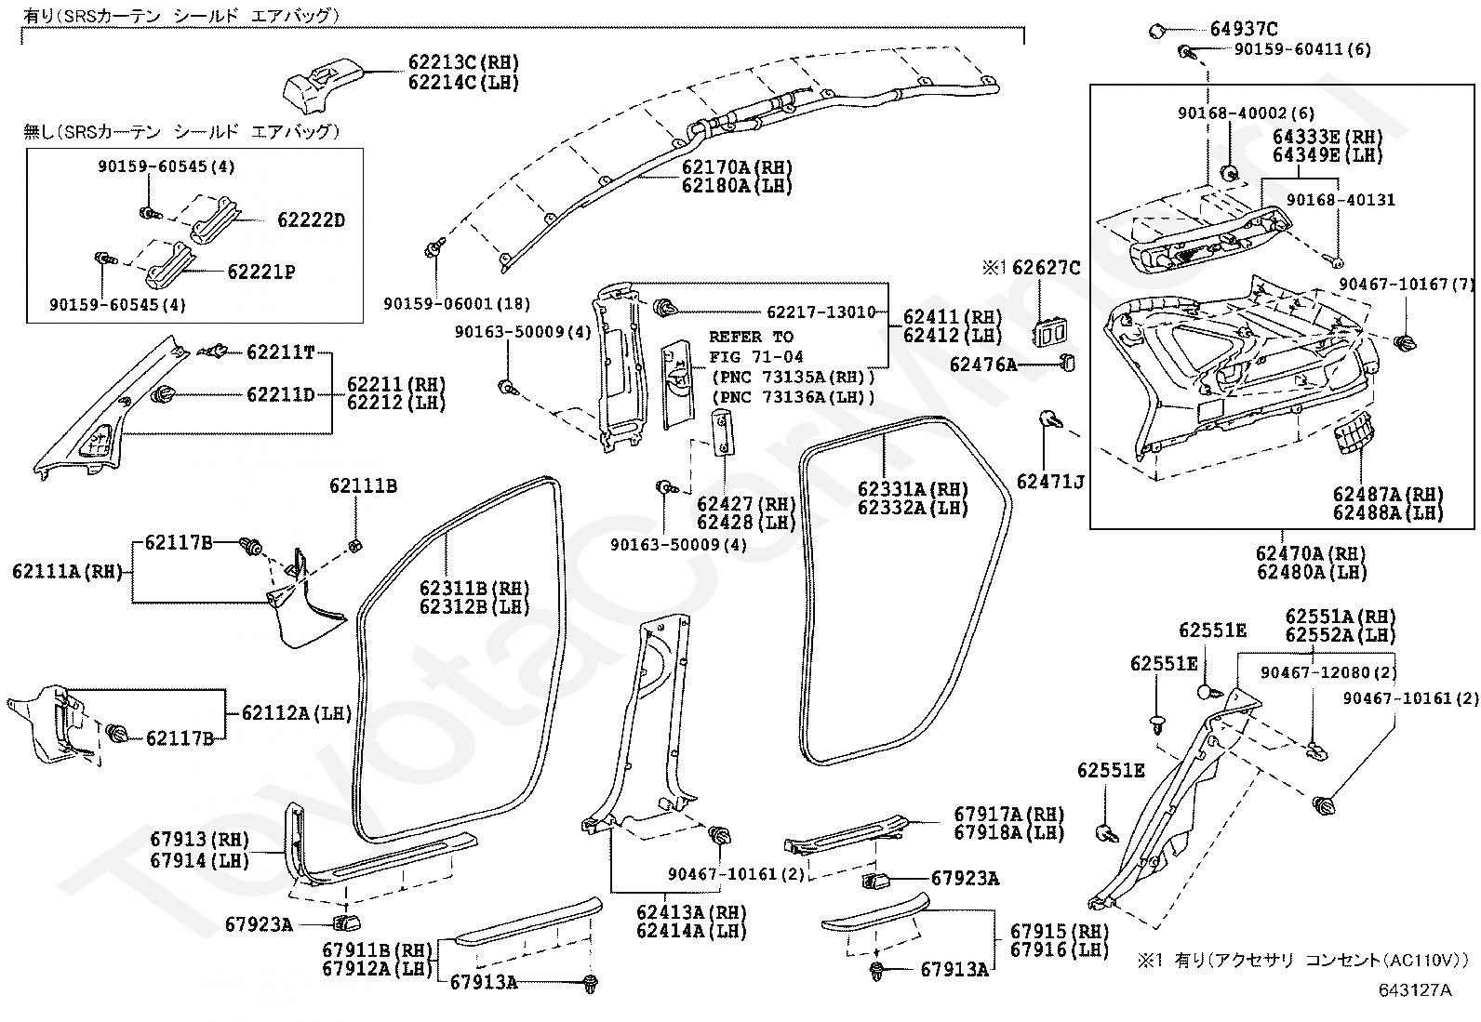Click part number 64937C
point(1244,29)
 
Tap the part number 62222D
point(311,220)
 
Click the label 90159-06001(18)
point(457,303)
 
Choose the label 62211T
point(280,352)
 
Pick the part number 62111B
point(363,486)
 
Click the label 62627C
point(1046,269)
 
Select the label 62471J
point(1050,481)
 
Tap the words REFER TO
point(751,337)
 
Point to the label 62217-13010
point(821,312)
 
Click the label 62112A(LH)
point(297,713)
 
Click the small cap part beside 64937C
point(1157,31)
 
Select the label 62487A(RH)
point(1387,494)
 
